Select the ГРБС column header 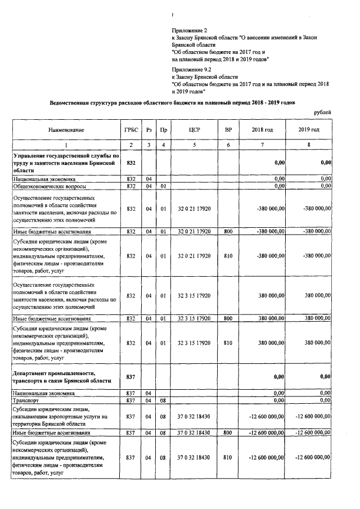point(130,130)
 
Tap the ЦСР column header point(195,130)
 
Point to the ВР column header point(228,130)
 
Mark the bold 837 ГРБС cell point(130,377)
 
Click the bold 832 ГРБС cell point(130,162)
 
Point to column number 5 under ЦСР point(195,146)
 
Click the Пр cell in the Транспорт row point(163,400)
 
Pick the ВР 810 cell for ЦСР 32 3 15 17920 point(228,342)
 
